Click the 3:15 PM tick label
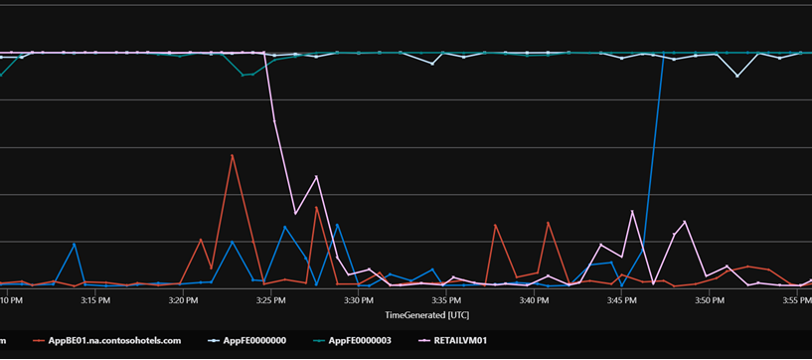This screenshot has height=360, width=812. click(94, 298)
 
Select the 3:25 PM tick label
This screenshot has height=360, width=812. click(270, 298)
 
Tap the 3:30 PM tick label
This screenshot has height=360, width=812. click(358, 298)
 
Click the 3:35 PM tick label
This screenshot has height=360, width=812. click(446, 298)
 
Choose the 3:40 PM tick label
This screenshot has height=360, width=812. click(534, 298)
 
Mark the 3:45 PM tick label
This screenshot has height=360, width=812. click(621, 298)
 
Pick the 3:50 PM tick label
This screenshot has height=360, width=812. click(709, 298)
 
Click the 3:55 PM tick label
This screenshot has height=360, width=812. click(796, 298)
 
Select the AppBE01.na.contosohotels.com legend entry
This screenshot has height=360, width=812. click(115, 340)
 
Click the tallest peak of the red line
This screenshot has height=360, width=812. click(233, 155)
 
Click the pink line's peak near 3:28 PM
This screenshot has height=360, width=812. click(316, 177)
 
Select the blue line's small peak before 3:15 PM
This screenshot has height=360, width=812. click(75, 244)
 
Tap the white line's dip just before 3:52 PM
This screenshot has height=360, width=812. click(736, 76)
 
